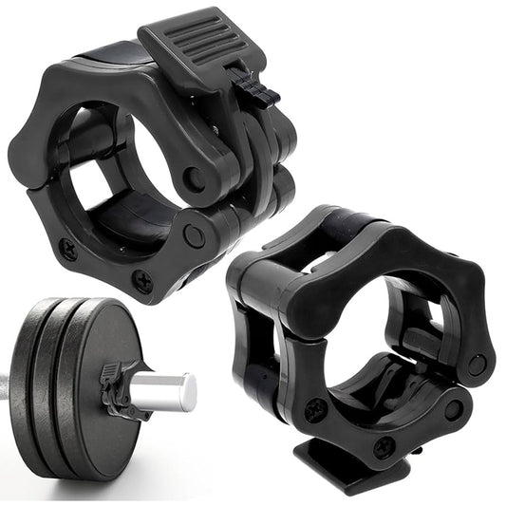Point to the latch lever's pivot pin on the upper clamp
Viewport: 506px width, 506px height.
193,175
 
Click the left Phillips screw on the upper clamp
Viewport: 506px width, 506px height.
68,250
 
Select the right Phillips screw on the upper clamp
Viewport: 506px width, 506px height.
141,281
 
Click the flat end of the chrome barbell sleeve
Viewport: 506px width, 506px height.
190,392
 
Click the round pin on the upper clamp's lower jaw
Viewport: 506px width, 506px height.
194,235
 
